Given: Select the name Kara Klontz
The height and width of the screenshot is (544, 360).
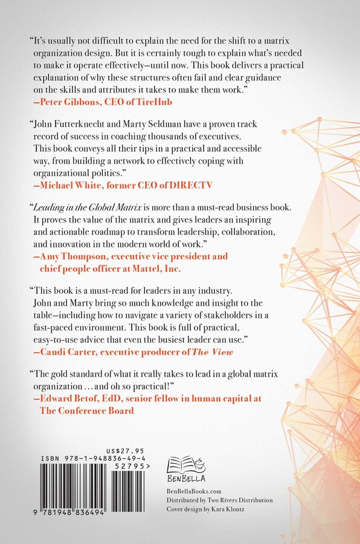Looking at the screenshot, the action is tap(228, 510).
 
